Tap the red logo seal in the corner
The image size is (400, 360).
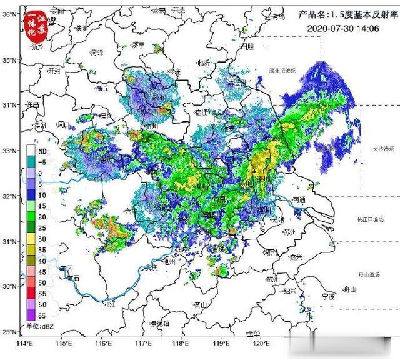point(36,24)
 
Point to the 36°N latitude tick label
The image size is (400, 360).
point(9,14)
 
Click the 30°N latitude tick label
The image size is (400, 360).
point(9,286)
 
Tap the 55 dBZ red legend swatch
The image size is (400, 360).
point(31,293)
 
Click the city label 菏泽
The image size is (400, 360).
point(96,54)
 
